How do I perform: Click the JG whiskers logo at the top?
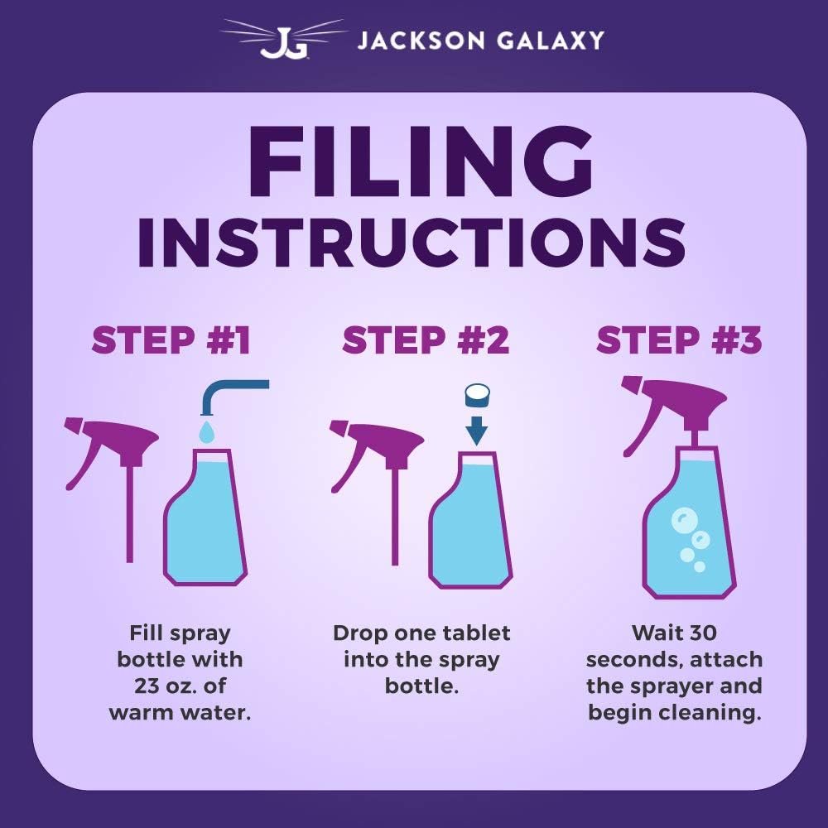282,39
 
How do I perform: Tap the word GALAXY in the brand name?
551,41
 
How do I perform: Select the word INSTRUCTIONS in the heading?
412,241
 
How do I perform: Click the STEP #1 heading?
171,339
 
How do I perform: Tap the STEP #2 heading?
426,339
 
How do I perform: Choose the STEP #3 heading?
679,339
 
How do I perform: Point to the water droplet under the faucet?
207,431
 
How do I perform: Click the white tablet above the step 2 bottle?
478,395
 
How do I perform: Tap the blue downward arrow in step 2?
477,431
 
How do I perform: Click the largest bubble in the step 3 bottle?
684,520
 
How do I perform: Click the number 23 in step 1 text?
147,686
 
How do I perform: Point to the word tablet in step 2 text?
476,633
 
